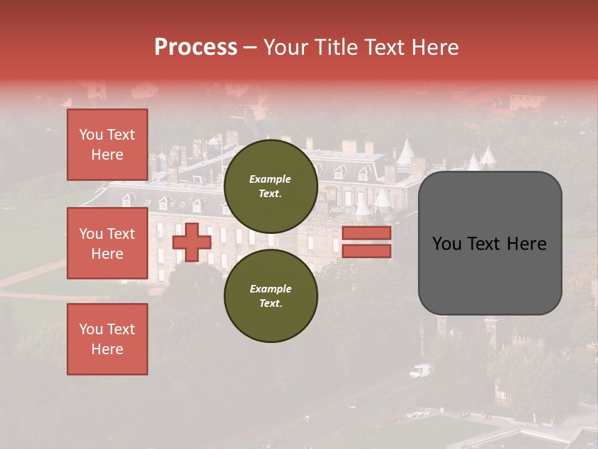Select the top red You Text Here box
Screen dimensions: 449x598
[107, 145]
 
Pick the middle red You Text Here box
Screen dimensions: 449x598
[107, 243]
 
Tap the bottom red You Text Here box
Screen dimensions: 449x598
[107, 339]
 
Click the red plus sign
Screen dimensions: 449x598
[192, 243]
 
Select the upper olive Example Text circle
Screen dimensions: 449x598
[270, 186]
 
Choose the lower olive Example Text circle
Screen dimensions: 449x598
[270, 296]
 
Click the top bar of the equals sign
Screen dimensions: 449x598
[367, 233]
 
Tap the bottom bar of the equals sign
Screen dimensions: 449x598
[367, 251]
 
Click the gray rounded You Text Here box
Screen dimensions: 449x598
[490, 243]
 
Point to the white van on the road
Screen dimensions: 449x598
[420, 371]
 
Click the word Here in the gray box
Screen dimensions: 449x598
[526, 244]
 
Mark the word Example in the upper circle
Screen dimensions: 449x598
[270, 180]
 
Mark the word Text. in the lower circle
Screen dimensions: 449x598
[270, 304]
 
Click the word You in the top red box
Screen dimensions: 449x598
[90, 135]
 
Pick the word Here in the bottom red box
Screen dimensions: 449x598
[107, 350]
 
